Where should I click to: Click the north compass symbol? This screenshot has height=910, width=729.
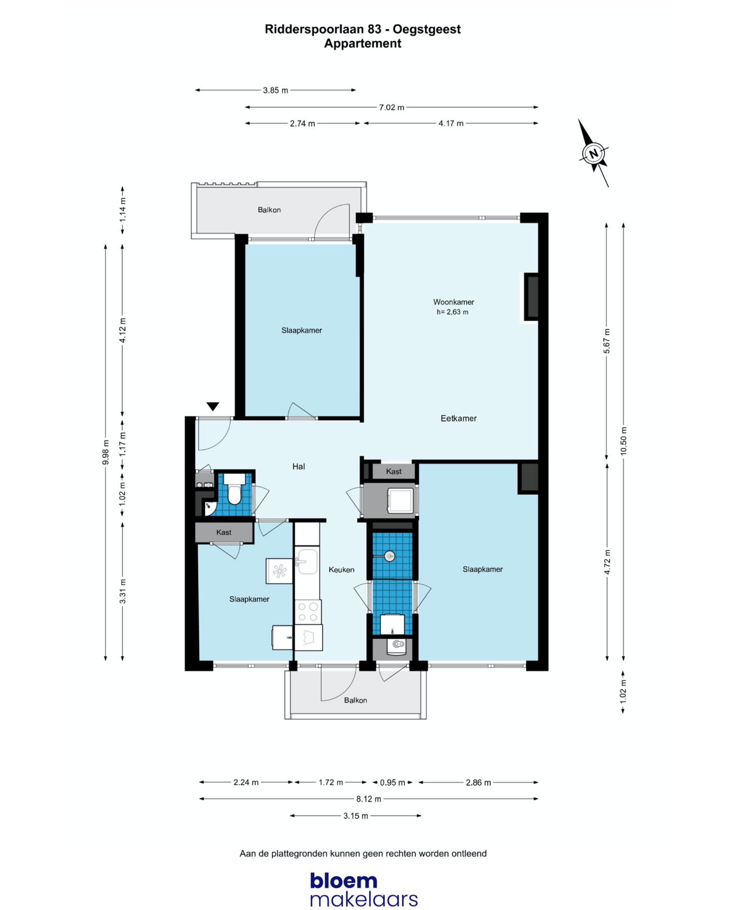pos(593,153)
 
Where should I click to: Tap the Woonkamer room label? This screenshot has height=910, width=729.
pos(453,302)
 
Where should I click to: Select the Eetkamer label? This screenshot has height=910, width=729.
pos(458,418)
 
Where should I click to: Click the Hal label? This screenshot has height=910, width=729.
pos(298,466)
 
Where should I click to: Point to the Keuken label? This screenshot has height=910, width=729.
pos(341,570)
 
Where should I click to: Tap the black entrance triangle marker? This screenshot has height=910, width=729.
pos(213,406)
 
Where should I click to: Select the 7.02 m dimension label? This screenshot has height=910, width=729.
pos(392,107)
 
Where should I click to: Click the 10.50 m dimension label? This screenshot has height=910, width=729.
pos(623,441)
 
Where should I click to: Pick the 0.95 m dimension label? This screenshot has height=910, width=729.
pos(392,783)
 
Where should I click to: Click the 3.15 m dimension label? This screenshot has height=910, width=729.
pos(356,816)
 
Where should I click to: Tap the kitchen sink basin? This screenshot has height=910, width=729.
pos(307,561)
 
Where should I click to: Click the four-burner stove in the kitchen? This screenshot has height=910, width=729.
pos(308,611)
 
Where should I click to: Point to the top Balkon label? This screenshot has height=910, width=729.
pos(269,209)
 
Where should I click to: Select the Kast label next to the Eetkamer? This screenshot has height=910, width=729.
pos(393,471)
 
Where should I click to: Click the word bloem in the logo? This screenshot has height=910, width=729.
pos(344,881)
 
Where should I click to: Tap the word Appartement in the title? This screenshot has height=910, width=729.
pos(362,44)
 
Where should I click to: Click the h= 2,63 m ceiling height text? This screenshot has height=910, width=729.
pos(452,312)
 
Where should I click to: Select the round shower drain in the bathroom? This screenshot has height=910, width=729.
pos(389,556)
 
